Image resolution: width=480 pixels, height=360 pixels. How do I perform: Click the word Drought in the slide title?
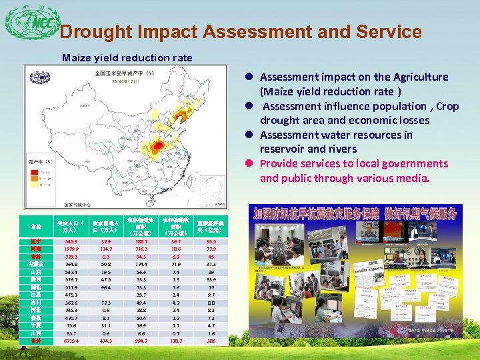pos(96,33)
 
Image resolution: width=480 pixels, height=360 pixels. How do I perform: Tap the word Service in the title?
pos(386,33)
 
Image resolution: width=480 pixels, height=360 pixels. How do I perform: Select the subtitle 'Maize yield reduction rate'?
pos(127,58)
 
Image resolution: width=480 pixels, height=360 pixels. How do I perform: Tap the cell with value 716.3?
pos(142,249)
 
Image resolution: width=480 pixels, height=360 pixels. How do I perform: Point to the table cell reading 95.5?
pos(211,241)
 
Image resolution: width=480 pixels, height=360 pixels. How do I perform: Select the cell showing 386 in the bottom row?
pos(211,341)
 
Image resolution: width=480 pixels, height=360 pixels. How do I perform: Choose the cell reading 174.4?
pos(142,264)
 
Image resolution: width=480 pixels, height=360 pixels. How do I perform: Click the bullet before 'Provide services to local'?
pos(247,164)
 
